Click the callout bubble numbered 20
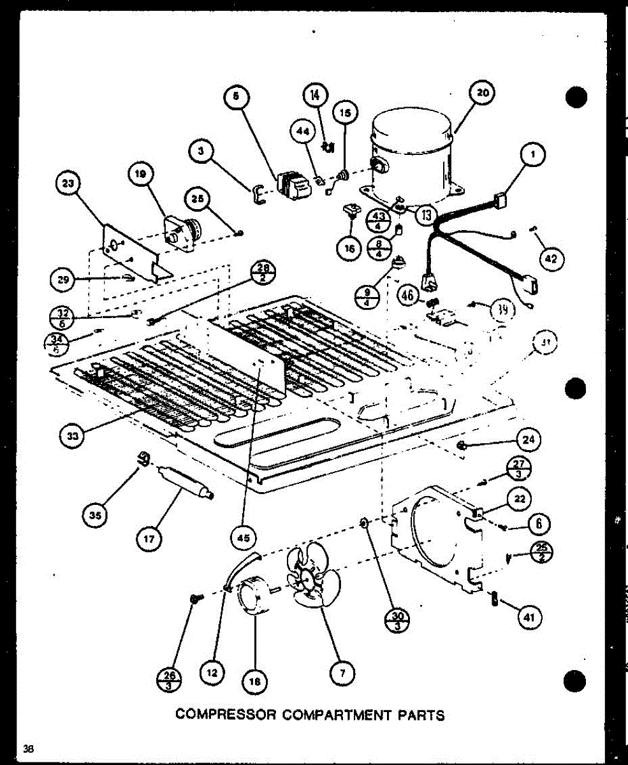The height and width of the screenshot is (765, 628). [483, 92]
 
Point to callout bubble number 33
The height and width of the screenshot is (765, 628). [71, 435]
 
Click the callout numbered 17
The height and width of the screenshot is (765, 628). [149, 540]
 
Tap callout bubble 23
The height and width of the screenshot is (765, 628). [66, 184]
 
